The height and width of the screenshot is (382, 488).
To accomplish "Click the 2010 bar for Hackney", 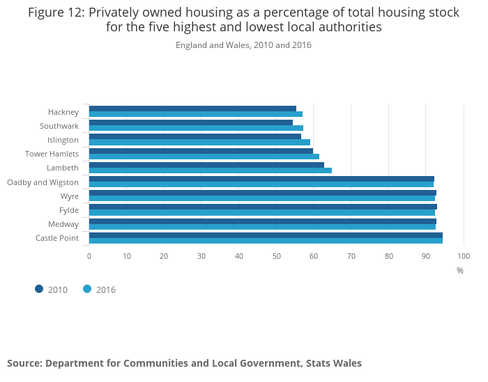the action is (x=192, y=109).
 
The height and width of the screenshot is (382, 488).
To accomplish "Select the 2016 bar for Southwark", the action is (x=196, y=128).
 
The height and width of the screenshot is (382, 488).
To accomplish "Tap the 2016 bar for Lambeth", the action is (x=211, y=170).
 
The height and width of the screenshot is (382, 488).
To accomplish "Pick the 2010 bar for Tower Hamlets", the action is (x=201, y=151).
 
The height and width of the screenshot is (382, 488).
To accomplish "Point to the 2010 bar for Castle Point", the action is (x=266, y=235).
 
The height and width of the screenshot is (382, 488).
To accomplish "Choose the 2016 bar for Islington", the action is (x=199, y=142).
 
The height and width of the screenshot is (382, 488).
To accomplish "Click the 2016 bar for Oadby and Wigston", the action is (x=261, y=184).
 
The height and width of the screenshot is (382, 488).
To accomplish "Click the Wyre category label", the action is (x=70, y=197).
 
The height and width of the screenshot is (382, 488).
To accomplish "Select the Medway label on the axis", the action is (x=63, y=224).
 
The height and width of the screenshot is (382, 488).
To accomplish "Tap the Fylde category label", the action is (x=69, y=210).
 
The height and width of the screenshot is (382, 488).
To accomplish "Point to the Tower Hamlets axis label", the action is (x=52, y=154).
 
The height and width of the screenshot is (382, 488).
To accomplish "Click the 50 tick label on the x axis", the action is (x=276, y=256).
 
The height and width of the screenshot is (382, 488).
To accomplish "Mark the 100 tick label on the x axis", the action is (x=464, y=256).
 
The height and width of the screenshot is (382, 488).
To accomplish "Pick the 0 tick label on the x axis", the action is (x=89, y=256).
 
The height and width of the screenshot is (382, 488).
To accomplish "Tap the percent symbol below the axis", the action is (x=460, y=271).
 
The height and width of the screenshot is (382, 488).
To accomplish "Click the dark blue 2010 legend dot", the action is (x=39, y=289).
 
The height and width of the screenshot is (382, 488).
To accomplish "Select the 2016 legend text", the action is (x=106, y=289).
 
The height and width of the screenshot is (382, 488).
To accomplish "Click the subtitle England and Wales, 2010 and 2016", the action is (x=243, y=45).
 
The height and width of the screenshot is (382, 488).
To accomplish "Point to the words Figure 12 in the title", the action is (x=56, y=13).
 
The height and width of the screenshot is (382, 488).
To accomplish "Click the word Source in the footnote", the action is (x=24, y=363).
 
